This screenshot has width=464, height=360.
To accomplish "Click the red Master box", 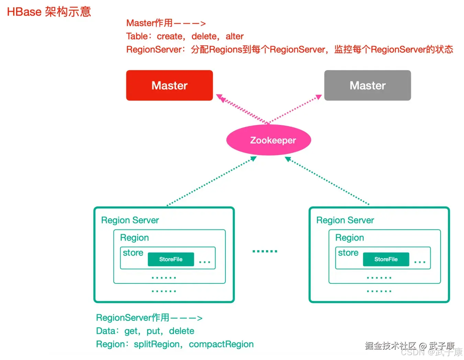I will tap(169, 86).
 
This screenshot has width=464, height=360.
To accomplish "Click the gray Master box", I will tap(367, 86).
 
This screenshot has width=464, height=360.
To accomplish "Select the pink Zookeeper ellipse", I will tap(269, 140).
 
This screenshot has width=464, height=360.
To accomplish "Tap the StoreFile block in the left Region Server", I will tap(171, 259).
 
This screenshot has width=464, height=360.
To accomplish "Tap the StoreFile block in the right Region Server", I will tap(386, 259).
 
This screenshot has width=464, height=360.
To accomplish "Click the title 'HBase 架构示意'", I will tap(49, 12).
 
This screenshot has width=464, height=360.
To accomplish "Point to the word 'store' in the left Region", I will tap(133, 253).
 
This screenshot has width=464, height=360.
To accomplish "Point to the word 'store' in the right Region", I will tap(348, 253).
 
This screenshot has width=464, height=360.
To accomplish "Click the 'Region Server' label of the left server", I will tap(130, 220).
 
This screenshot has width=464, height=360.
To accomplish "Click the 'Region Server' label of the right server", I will tap(345, 220).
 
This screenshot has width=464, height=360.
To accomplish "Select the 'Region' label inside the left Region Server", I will tap(134, 238).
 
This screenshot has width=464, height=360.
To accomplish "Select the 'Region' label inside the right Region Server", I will tap(350, 238).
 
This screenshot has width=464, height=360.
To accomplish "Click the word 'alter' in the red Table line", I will tap(234, 36).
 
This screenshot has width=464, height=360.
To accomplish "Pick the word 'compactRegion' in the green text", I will tap(221, 344).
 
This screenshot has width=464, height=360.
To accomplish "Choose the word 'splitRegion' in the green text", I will tap(157, 344).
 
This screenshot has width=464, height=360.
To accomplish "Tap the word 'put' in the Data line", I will tap(153, 331).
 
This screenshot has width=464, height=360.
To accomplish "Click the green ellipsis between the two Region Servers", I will tap(265, 251).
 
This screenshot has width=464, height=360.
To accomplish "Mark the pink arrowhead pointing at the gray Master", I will tap(319, 97).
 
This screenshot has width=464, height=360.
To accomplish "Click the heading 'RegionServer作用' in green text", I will tap(133, 318).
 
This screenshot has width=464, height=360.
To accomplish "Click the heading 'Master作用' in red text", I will tap(150, 23).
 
